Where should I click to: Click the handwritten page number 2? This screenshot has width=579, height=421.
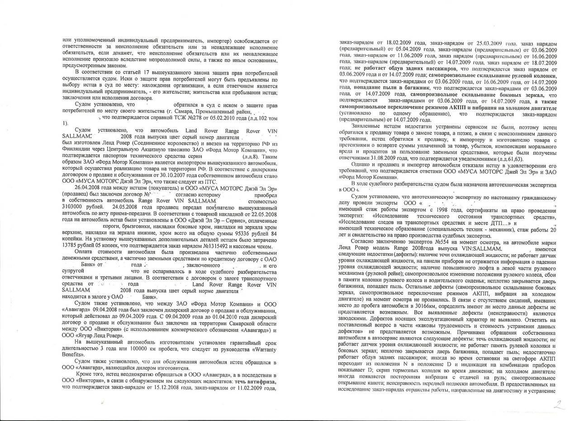click(x=560, y=404)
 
